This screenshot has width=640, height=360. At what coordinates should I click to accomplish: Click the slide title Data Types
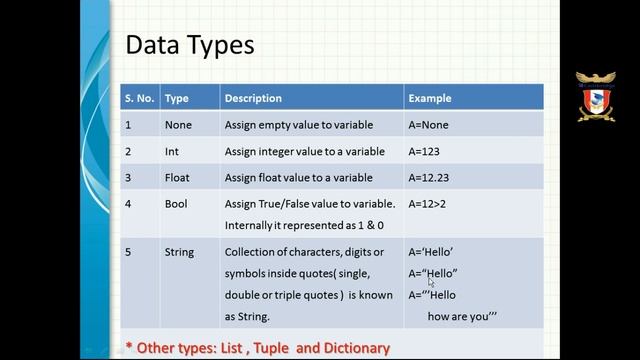tap(189, 45)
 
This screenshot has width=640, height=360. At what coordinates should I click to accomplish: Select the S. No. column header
tap(138, 98)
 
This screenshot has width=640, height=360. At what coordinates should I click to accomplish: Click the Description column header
tap(253, 98)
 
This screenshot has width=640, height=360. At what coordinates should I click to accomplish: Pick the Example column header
tap(429, 98)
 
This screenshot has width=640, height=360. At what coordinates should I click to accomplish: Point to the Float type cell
tap(176, 178)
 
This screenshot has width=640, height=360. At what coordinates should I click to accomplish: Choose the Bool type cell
tap(175, 204)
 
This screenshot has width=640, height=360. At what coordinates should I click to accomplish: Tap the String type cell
tap(179, 252)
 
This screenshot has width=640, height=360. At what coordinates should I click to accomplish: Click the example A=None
tap(428, 125)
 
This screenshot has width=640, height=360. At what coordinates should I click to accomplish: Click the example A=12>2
tap(428, 204)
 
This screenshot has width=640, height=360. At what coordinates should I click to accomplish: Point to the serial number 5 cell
tap(128, 252)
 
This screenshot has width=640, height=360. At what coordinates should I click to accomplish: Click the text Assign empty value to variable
tap(299, 125)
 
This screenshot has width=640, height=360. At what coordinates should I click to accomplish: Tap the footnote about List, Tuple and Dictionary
tap(257, 347)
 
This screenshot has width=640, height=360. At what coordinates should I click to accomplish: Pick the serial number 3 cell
tap(128, 178)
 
